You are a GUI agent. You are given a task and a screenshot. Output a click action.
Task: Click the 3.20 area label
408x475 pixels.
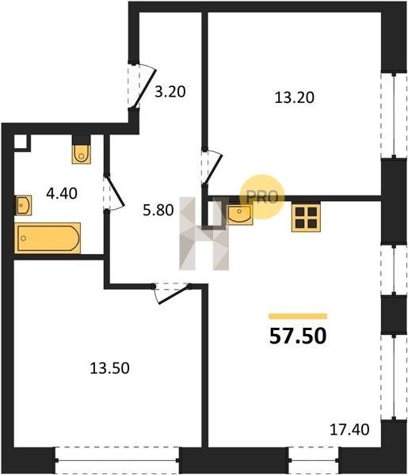170,92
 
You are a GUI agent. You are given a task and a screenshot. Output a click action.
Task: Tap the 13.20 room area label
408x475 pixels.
295,97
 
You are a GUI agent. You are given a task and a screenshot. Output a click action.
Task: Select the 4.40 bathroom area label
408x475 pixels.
62,193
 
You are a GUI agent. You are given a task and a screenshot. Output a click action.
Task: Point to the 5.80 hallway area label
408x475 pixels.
158,210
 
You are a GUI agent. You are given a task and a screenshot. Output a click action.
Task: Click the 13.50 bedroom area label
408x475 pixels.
110,368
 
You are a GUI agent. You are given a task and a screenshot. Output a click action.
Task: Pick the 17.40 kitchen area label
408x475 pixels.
349,429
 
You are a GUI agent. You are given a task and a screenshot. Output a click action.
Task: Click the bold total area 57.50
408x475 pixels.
298,336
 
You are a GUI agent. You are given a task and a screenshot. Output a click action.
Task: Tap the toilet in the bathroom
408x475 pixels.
82,154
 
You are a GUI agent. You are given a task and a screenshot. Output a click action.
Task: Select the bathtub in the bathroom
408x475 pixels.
48,238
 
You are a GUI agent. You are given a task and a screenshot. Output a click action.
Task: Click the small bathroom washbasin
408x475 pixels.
23,205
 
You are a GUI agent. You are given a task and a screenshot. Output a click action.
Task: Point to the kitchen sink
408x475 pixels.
239,215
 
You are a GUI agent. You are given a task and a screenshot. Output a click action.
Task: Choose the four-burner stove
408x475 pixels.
306,218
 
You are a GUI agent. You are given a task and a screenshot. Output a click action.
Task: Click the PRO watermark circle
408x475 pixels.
262,197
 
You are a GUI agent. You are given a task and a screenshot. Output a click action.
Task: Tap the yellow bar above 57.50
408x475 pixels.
298,316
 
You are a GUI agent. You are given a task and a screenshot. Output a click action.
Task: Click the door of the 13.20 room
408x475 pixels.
212,166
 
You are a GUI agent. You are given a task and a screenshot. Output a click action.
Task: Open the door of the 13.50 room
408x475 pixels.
172,293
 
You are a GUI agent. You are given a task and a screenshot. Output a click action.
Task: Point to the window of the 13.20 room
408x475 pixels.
394,115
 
